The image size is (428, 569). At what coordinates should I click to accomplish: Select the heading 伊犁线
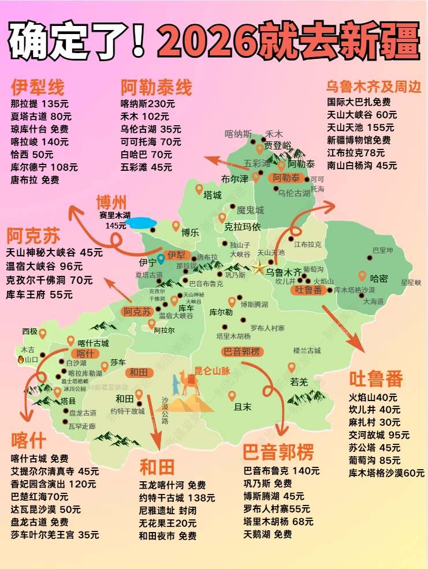pos(38,88)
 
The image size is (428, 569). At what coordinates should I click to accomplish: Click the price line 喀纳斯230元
pos(148,104)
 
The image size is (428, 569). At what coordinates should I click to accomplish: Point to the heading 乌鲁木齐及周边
pos(373,87)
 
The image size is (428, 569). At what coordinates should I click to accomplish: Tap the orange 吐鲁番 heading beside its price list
pos(376,379)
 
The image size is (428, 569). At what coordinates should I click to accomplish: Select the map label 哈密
pos(379,278)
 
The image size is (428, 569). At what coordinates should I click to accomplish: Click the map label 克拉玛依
pos(243,226)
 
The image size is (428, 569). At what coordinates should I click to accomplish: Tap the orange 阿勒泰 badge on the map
pos(286,178)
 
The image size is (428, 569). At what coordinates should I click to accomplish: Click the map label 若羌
pos(299,381)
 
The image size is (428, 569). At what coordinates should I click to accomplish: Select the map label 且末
pos(243,406)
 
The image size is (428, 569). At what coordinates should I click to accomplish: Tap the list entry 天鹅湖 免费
pos(267,534)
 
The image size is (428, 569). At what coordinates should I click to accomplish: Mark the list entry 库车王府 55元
pos(39,294)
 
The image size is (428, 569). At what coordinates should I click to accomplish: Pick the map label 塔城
pos(213,195)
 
